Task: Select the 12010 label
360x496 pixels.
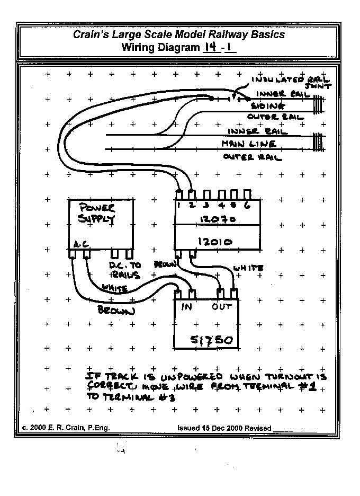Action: point(214,242)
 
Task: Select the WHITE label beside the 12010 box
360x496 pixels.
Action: point(248,268)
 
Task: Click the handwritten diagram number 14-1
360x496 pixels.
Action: point(219,47)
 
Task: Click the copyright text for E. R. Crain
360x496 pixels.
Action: point(66,428)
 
